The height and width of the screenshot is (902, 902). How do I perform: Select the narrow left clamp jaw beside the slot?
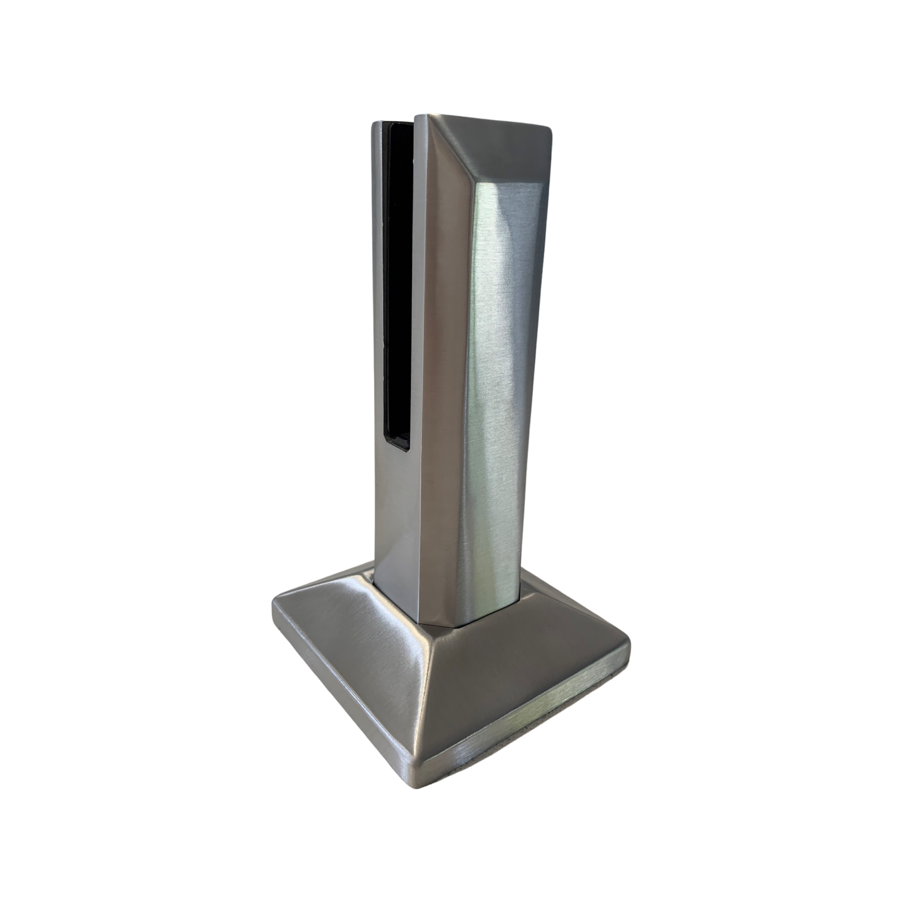click(378, 343)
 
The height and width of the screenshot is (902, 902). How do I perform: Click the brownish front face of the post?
click(437, 375)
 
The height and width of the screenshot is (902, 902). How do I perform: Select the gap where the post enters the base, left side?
click(373, 584)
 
